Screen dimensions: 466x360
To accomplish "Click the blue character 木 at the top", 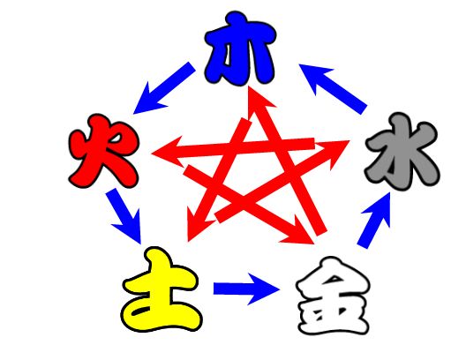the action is pos(240,49).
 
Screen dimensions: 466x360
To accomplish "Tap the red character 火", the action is pos(103,151).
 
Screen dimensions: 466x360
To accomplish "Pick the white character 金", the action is pos(333,296).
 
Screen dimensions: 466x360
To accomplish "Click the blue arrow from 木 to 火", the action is pos(164,88).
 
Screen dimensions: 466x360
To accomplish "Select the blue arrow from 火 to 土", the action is pos(124,216).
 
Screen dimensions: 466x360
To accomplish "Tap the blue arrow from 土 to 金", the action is pos(246,289).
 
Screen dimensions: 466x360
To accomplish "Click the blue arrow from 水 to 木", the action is pos(333,89).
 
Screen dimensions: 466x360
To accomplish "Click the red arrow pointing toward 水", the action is pos(282,182).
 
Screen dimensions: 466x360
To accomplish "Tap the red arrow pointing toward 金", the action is pos(249,205).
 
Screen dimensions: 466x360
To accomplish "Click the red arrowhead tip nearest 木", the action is pos(249,86).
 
